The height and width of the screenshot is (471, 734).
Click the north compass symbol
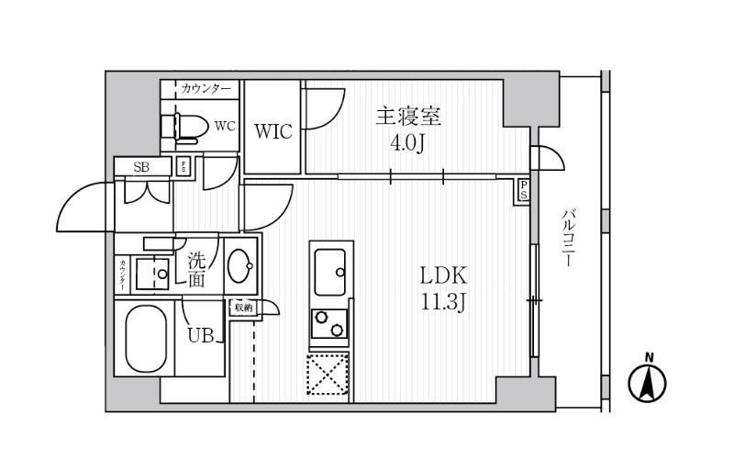click(648, 381)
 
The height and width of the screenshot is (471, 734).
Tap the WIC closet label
click(273, 131)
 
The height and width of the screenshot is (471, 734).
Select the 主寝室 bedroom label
click(408, 118)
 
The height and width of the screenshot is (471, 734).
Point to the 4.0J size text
click(408, 145)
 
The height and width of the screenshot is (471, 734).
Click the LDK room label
click(445, 275)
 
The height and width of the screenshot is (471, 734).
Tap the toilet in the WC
click(183, 127)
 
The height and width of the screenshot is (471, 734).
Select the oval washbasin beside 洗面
click(243, 267)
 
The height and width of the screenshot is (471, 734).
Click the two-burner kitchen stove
click(329, 324)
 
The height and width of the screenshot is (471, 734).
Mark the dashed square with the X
click(329, 375)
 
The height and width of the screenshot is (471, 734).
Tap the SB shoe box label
click(142, 166)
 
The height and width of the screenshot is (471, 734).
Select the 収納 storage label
click(242, 308)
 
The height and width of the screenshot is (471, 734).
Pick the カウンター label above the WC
click(206, 88)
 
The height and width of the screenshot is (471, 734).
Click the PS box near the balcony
click(523, 190)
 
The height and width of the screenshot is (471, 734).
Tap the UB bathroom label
click(201, 336)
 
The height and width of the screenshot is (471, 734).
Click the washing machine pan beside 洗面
click(151, 273)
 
